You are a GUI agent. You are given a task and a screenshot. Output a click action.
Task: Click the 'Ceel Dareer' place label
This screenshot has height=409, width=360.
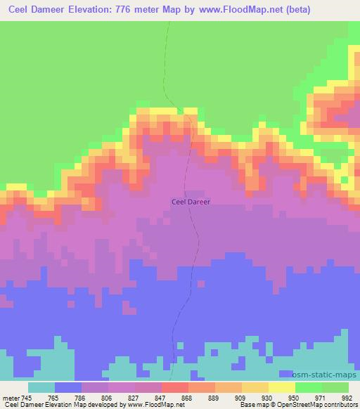191,201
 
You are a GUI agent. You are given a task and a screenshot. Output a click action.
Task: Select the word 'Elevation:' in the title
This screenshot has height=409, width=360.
93,10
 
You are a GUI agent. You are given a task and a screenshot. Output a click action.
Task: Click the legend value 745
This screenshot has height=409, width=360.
27,397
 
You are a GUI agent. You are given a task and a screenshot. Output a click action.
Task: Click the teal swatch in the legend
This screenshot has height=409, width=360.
41,387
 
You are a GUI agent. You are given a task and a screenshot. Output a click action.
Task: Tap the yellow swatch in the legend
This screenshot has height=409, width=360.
282,387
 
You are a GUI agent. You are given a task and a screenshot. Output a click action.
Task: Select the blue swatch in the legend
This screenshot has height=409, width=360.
68,387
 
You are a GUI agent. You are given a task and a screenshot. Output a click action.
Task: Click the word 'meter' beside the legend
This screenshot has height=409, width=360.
11,397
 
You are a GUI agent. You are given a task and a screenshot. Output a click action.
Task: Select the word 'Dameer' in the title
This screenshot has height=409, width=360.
48,10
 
